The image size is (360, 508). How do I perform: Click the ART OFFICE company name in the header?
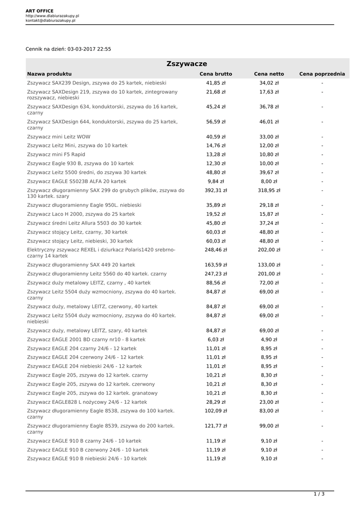coord(40,11)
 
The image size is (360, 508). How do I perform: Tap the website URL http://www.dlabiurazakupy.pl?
coord(52,16)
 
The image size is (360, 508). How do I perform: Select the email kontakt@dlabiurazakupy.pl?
coord(51,21)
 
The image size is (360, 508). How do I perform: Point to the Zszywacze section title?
coord(187,64)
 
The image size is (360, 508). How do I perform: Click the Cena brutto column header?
coord(216,74)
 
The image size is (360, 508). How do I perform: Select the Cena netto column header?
coord(269,74)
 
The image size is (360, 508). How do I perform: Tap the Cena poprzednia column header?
coord(322,74)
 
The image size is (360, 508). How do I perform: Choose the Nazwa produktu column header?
coord(50,74)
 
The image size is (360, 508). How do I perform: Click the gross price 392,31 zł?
coord(216,190)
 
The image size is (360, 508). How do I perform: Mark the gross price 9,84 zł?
coord(216,181)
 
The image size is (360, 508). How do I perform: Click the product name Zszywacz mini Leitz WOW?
coord(59,136)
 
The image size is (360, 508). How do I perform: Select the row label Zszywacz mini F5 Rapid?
coord(56,154)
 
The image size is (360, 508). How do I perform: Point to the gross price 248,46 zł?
coord(216,250)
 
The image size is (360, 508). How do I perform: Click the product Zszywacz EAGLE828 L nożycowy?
coord(87,402)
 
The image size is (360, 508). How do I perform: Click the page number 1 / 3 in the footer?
coord(319,494)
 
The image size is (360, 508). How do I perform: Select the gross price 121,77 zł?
coord(216,426)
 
